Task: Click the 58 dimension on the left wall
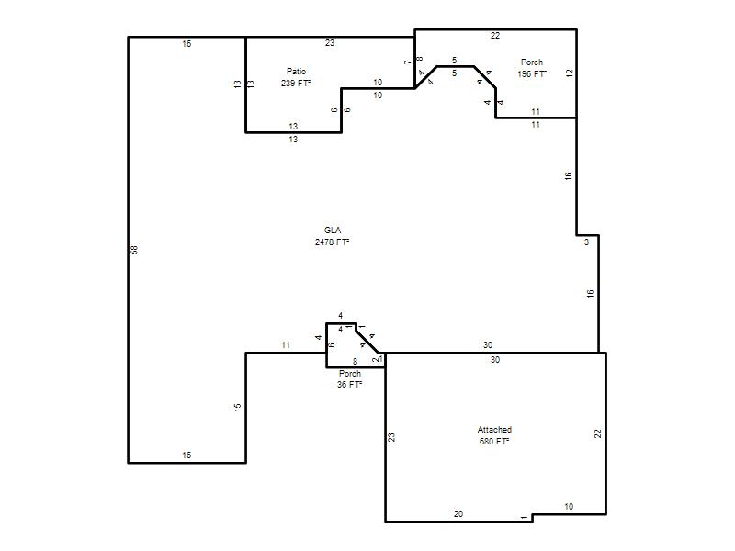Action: click(x=135, y=250)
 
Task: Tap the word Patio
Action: click(x=296, y=72)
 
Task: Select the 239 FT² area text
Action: click(x=296, y=83)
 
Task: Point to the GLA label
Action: click(x=333, y=231)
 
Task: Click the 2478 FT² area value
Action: click(x=332, y=242)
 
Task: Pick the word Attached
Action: click(x=494, y=429)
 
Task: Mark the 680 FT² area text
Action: click(x=494, y=442)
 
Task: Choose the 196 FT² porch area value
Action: click(x=532, y=74)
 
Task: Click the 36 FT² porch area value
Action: click(x=350, y=384)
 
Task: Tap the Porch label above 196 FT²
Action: click(x=532, y=62)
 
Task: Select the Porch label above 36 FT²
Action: click(x=350, y=374)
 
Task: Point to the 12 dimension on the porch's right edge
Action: click(x=570, y=73)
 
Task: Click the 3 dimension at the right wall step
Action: click(x=586, y=242)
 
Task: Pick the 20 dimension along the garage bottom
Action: click(x=458, y=514)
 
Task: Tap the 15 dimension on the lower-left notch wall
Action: click(x=238, y=408)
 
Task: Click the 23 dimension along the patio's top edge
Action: click(x=330, y=42)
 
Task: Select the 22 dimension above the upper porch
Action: click(x=495, y=35)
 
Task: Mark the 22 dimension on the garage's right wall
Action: click(x=598, y=433)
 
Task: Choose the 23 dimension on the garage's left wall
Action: click(x=392, y=437)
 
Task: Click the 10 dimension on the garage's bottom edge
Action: click(x=569, y=507)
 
